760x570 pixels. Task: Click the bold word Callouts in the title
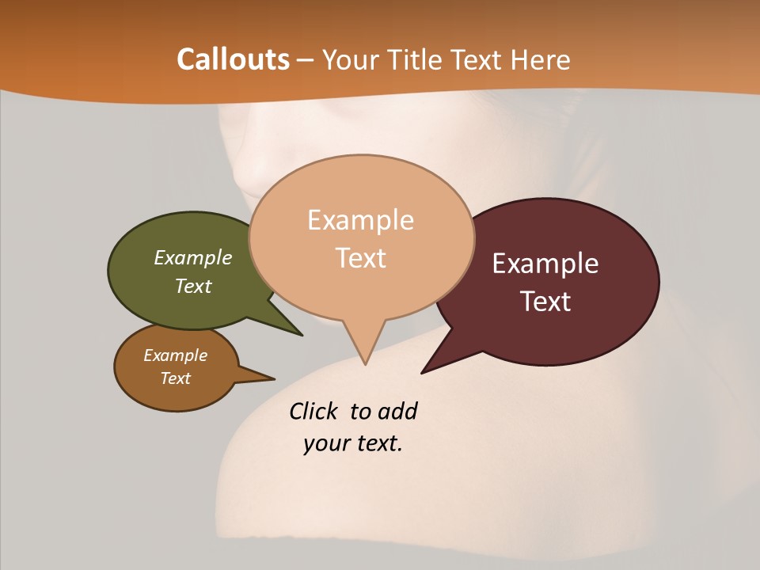click(233, 59)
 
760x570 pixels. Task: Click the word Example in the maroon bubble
click(545, 264)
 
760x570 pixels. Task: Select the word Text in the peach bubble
click(361, 258)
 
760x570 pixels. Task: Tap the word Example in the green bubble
click(193, 257)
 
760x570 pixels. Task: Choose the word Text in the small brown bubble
click(175, 378)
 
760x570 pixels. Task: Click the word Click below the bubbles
click(313, 411)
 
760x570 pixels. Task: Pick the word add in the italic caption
click(397, 411)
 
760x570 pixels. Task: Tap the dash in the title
click(306, 59)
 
